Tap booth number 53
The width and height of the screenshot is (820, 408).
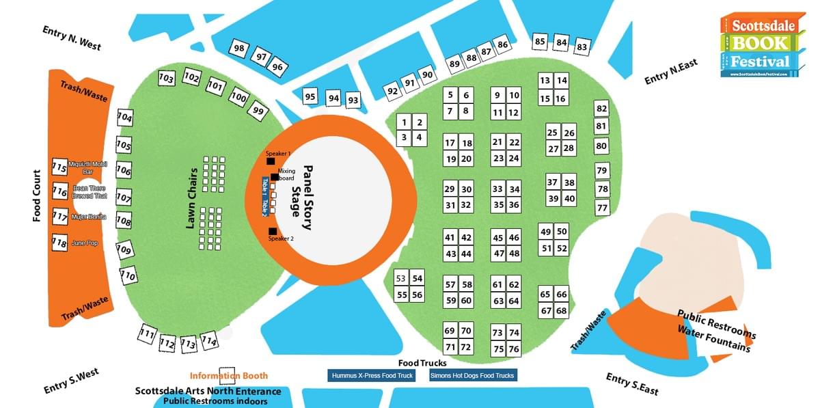tap(401, 278)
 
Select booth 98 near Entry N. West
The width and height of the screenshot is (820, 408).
tap(239, 49)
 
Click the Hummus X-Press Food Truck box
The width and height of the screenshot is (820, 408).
tap(372, 376)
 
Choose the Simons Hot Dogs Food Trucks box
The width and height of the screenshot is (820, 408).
tap(472, 376)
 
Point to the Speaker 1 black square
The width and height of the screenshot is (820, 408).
tap(271, 161)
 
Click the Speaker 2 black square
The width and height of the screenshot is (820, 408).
tap(272, 231)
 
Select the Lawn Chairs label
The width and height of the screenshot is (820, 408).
tap(193, 198)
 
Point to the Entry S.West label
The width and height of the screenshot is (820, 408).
tap(71, 381)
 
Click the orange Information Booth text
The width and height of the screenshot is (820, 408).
tap(229, 376)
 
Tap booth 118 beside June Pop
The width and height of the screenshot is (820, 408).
tap(59, 243)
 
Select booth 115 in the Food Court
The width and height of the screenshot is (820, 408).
tap(59, 167)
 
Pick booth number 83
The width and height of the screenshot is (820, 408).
tap(582, 47)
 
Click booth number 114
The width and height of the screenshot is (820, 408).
tap(209, 341)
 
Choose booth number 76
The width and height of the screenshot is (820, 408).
tap(514, 349)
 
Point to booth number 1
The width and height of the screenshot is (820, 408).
tap(404, 122)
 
